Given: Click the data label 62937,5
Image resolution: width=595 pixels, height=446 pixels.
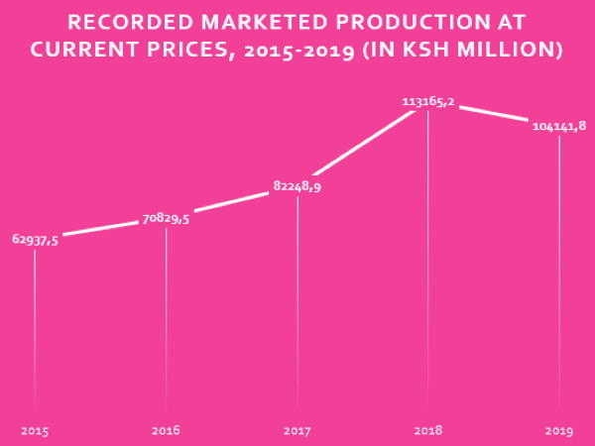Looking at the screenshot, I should [35, 239].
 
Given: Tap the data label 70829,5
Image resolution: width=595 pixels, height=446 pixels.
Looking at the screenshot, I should [166, 218].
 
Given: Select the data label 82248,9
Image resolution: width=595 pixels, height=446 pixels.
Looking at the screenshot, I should [297, 185].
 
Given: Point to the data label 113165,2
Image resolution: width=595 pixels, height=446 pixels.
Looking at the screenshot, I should [428, 101].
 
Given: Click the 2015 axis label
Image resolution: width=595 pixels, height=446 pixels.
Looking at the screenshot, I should [35, 430].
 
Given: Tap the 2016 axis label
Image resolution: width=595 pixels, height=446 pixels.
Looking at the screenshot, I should [166, 430].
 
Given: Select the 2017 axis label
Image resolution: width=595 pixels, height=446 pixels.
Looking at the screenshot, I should [297, 430].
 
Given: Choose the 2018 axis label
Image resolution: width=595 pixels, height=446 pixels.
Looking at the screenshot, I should [428, 430].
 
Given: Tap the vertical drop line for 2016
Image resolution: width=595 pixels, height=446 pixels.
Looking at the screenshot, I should [166, 317].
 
